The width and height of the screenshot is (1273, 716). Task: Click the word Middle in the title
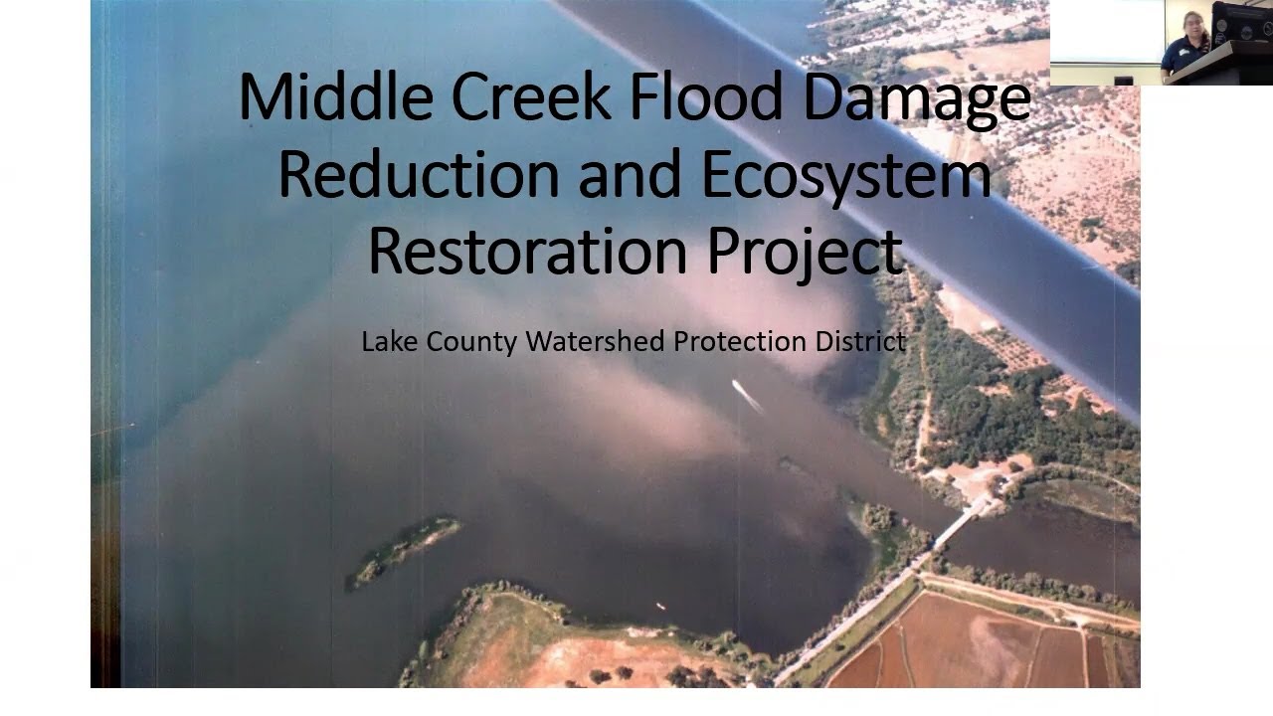(336, 97)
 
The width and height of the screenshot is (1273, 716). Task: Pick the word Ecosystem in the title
(846, 177)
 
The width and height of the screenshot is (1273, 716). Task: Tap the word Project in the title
(805, 255)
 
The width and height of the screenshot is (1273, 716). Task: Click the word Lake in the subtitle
(389, 342)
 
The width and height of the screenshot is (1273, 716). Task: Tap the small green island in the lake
(406, 550)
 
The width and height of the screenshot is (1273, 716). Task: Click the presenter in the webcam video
(1189, 44)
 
